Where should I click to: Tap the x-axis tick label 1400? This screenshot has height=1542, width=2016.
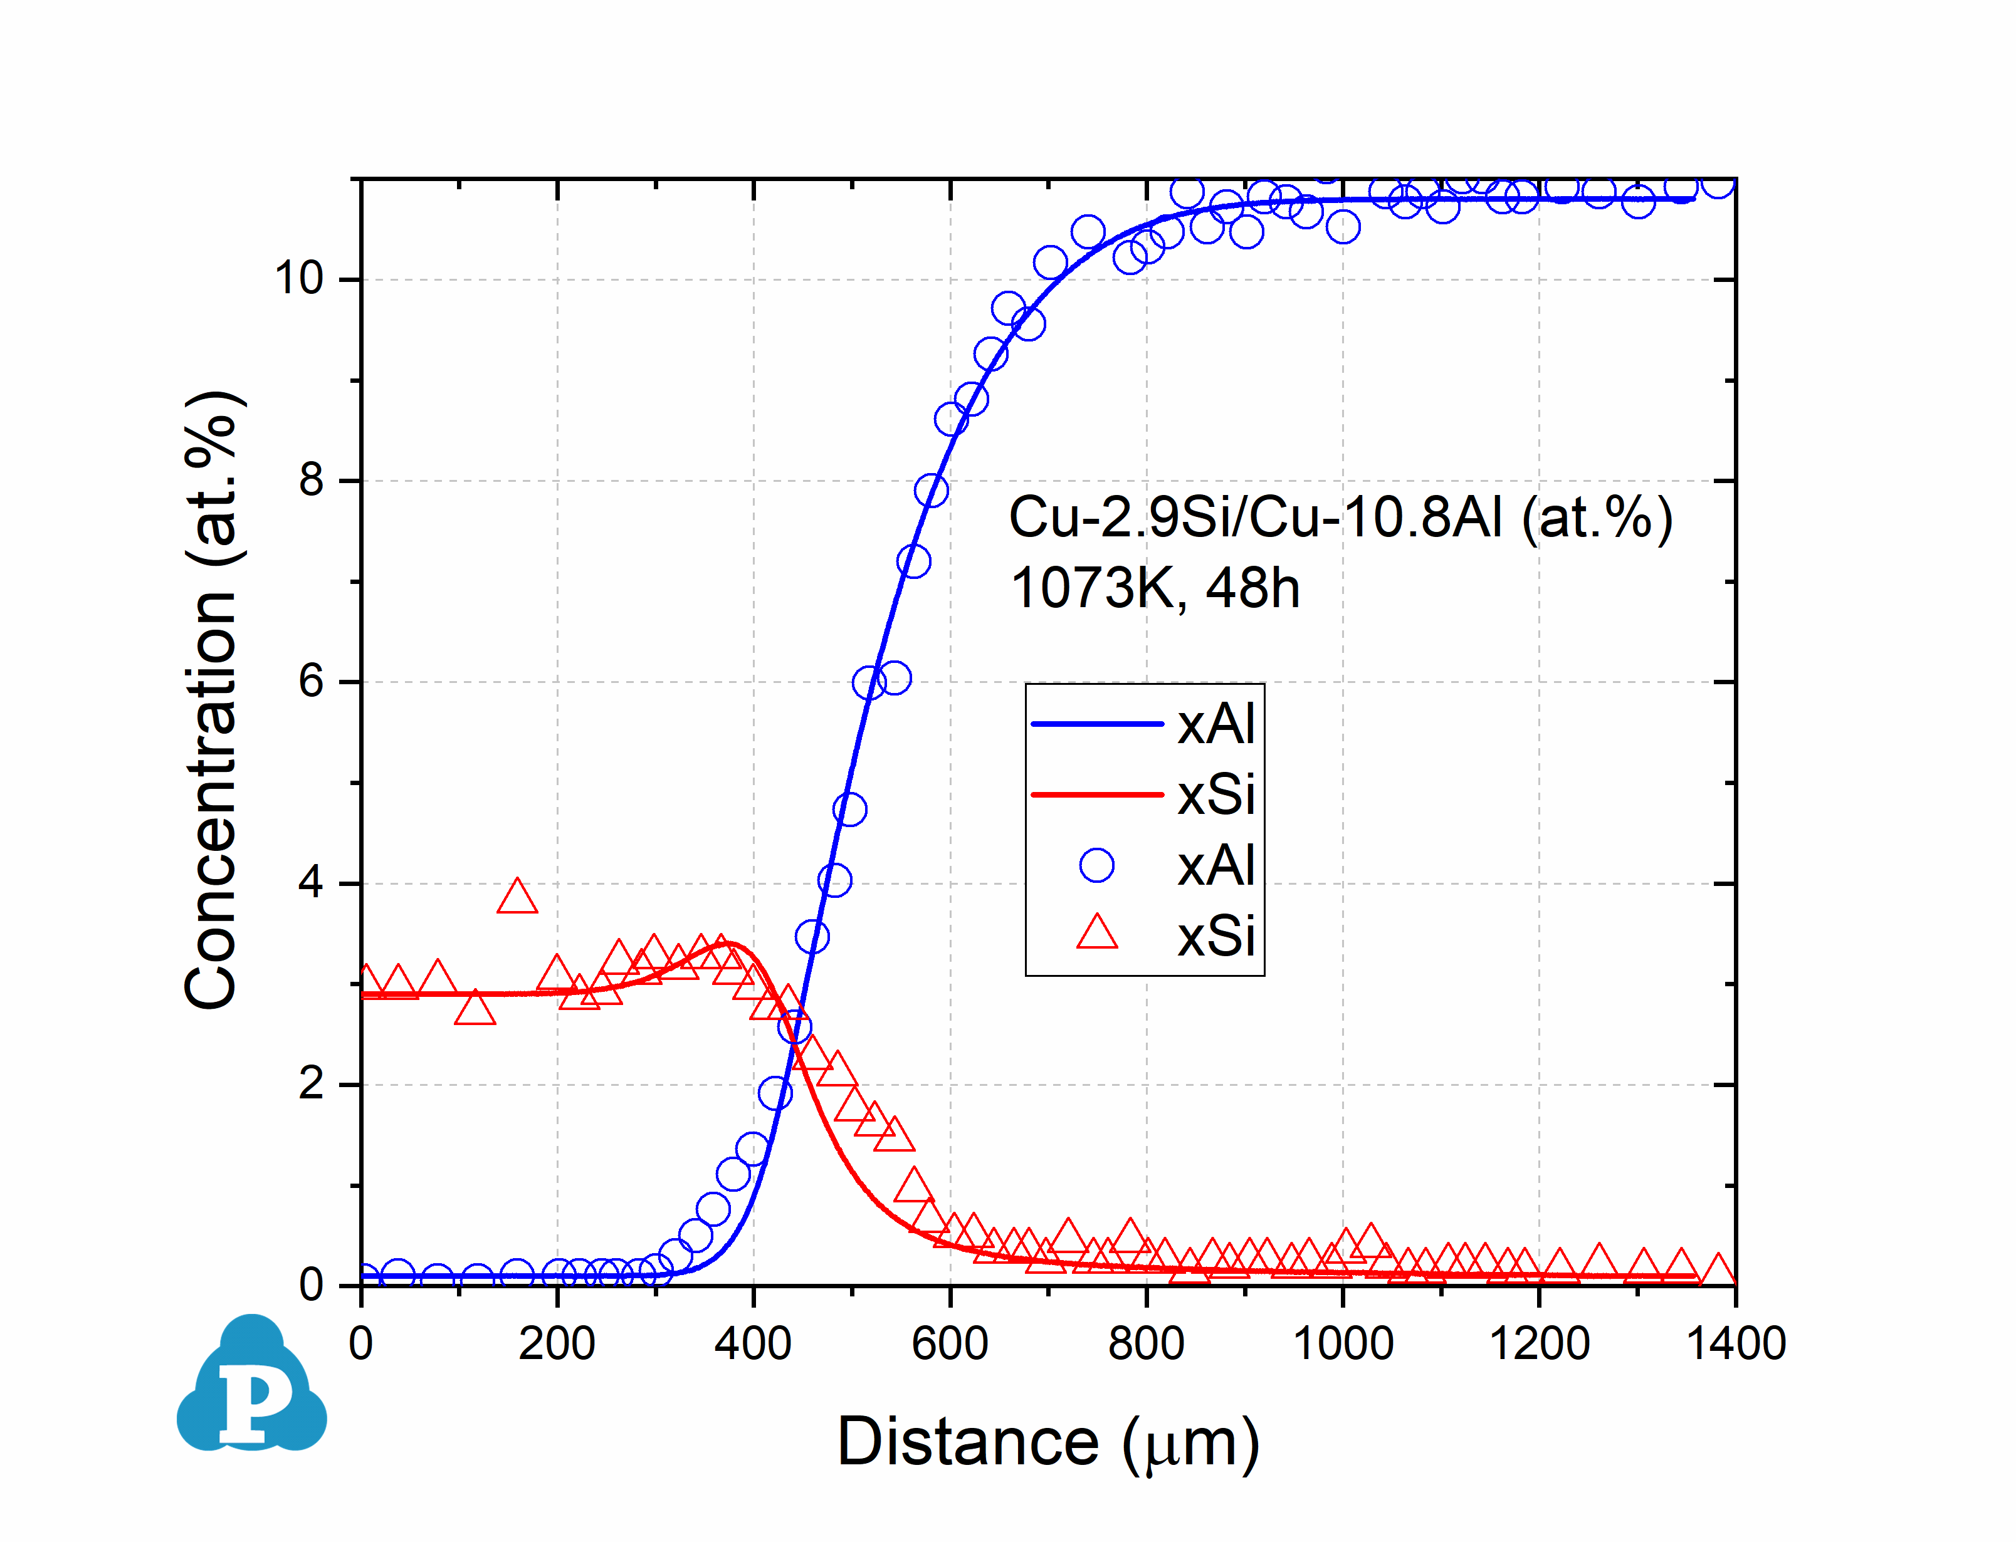[1735, 1345]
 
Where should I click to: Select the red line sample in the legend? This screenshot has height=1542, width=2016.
[1096, 794]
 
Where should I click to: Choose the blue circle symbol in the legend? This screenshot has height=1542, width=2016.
[1096, 865]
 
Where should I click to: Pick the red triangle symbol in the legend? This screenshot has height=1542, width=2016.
[1096, 932]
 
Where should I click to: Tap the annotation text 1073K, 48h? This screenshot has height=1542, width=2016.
[1155, 588]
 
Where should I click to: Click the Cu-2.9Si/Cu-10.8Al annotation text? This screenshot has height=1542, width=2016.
[1340, 518]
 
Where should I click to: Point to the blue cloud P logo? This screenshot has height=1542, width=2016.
[251, 1386]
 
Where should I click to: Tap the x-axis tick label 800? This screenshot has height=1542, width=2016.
[1146, 1345]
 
